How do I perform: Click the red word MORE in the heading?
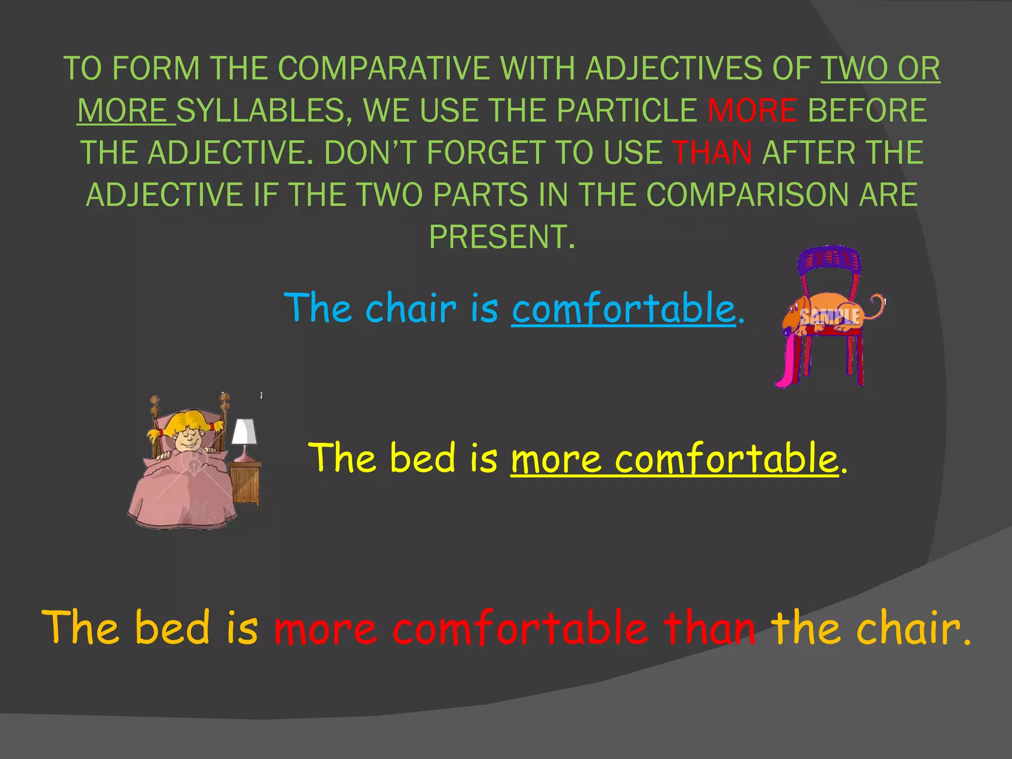click(752, 110)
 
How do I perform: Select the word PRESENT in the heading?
click(502, 237)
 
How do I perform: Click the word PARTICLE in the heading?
click(627, 110)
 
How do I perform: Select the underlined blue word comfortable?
click(624, 308)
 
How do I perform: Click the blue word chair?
click(411, 308)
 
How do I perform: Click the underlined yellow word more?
click(556, 459)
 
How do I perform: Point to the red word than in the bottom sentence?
click(710, 628)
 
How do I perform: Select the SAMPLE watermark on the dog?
click(830, 316)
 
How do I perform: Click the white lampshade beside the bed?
click(244, 431)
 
